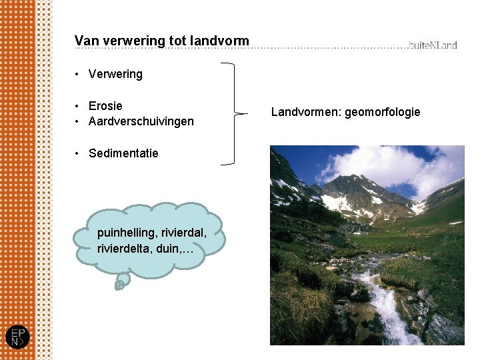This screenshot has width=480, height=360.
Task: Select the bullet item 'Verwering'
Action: [x=115, y=74]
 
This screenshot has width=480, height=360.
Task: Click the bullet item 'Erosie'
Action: [x=105, y=106]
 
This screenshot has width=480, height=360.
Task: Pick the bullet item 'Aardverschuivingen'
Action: [x=141, y=121]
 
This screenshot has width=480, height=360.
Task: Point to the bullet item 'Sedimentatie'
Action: [x=123, y=153]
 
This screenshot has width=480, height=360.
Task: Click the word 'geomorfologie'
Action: [x=383, y=112]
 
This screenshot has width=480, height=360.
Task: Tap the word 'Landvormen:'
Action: [x=306, y=112]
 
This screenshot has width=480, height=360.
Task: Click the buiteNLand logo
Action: [x=433, y=45]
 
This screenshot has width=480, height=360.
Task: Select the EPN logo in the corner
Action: [x=17, y=337]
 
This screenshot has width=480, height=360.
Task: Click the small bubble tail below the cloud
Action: [x=119, y=284]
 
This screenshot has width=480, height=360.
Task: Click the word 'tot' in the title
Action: [x=177, y=41]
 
